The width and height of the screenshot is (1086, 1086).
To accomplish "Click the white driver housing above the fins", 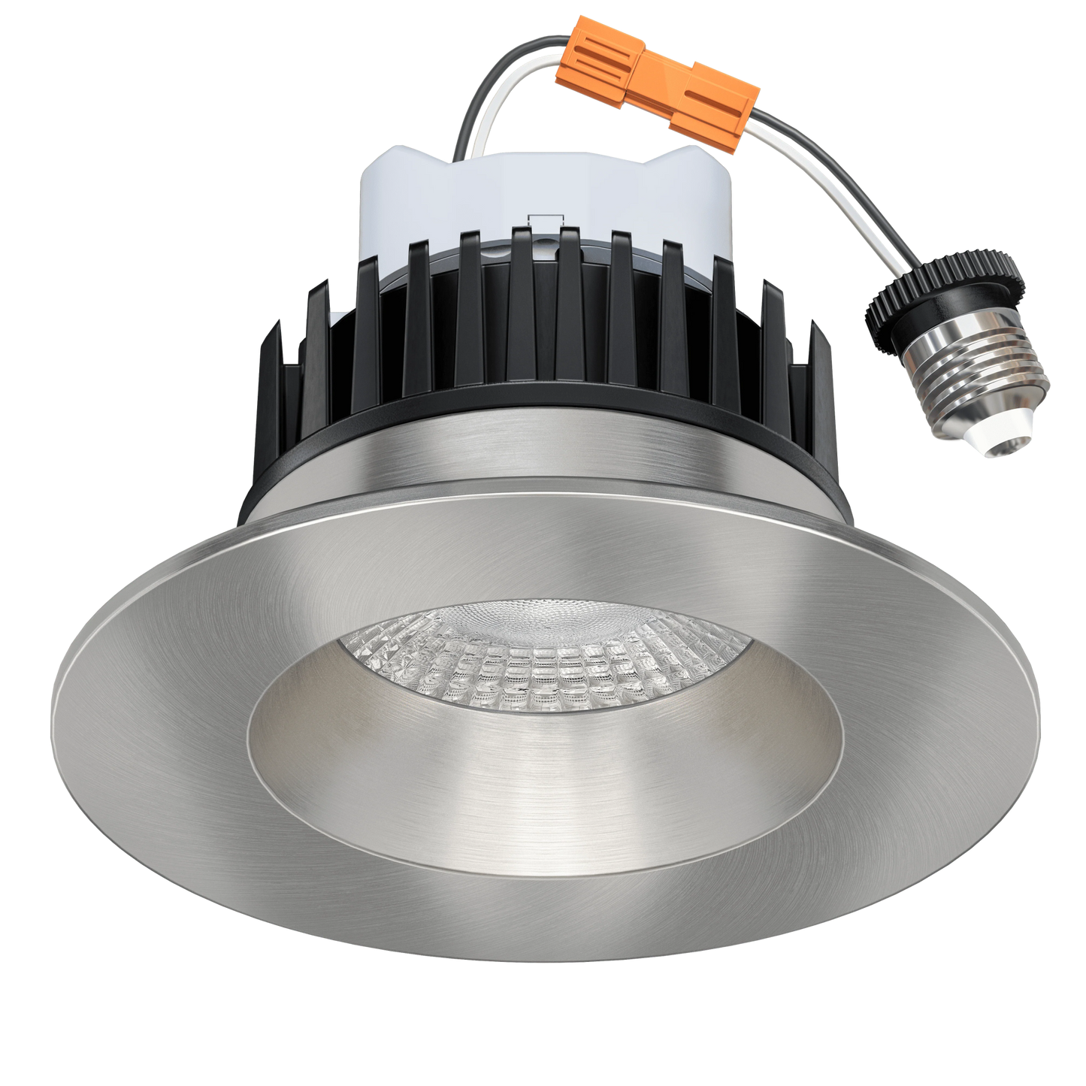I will pos(421,203).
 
